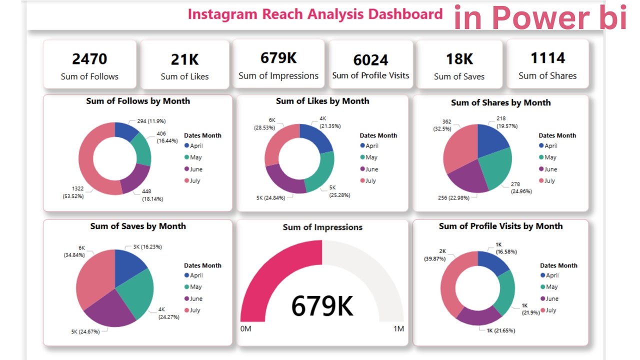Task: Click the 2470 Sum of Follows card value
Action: click(89, 59)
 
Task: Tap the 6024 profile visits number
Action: click(370, 60)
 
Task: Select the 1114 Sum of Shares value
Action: click(547, 58)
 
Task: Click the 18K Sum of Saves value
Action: click(459, 59)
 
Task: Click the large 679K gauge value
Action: click(322, 305)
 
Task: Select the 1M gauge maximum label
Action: click(398, 328)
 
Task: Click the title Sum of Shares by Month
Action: click(500, 102)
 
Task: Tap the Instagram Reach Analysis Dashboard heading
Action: click(315, 14)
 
